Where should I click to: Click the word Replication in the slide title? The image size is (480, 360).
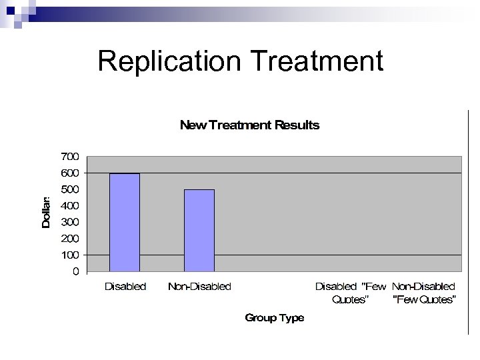click(x=171, y=61)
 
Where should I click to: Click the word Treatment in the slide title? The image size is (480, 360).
click(x=318, y=61)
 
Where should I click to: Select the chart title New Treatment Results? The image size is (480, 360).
click(x=249, y=125)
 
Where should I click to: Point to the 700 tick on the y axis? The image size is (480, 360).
click(x=70, y=156)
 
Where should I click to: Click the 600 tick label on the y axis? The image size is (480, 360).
click(x=70, y=173)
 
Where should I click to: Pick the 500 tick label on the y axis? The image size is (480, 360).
click(x=70, y=189)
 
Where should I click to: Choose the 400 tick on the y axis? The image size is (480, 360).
click(x=70, y=205)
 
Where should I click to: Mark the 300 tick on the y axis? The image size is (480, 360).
click(x=70, y=222)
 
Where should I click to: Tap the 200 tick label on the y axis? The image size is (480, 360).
click(x=70, y=238)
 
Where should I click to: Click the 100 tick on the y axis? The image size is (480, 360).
click(x=70, y=255)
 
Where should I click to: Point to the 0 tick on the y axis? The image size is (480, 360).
click(x=75, y=271)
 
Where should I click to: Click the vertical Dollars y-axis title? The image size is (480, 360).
click(x=46, y=213)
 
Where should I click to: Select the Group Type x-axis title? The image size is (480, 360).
click(x=274, y=318)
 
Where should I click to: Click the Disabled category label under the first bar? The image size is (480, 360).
click(x=125, y=287)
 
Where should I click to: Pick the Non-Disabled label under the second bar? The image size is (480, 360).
click(x=199, y=287)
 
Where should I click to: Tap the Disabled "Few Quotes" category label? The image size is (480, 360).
click(x=350, y=293)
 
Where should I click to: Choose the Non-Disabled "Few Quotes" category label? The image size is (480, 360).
click(x=424, y=293)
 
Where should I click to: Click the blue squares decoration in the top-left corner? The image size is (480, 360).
click(x=16, y=12)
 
